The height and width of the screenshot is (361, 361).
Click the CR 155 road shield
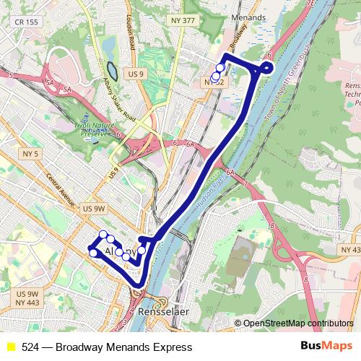[26, 22]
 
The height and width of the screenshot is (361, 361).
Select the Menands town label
[248, 17]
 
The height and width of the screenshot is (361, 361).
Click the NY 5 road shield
[30, 154]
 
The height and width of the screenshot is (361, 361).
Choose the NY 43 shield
[349, 250]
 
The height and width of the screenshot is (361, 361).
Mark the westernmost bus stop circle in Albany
[92, 253]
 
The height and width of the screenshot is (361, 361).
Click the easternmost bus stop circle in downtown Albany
[142, 251]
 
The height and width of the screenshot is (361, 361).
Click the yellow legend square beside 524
[11, 347]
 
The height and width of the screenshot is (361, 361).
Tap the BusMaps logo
[326, 347]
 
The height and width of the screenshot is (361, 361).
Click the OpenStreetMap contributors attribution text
[297, 323]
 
